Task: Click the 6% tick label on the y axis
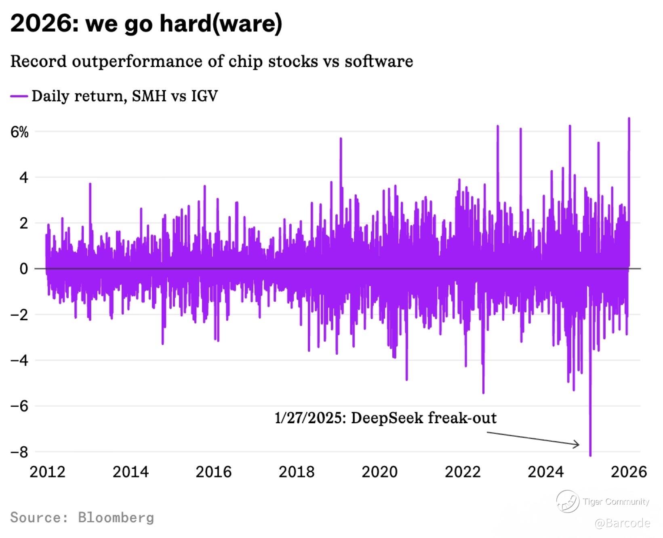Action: coord(19,132)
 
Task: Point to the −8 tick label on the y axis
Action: coord(19,452)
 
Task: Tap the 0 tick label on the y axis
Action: coord(24,269)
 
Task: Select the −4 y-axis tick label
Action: coord(19,360)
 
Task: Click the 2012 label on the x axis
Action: coord(47,472)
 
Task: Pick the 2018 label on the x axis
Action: coord(296,472)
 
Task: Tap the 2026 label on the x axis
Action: coord(629,472)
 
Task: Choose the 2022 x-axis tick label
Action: coord(463,472)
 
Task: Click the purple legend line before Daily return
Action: coord(19,96)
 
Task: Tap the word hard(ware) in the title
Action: coord(221,24)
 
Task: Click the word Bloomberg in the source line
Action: coord(116,517)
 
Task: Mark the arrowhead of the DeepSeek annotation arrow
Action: coord(578,444)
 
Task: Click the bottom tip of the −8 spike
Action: coord(590,456)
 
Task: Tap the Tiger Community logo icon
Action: coord(567,501)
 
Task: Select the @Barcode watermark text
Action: coord(623,523)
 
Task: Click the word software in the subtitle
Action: coord(379,61)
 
